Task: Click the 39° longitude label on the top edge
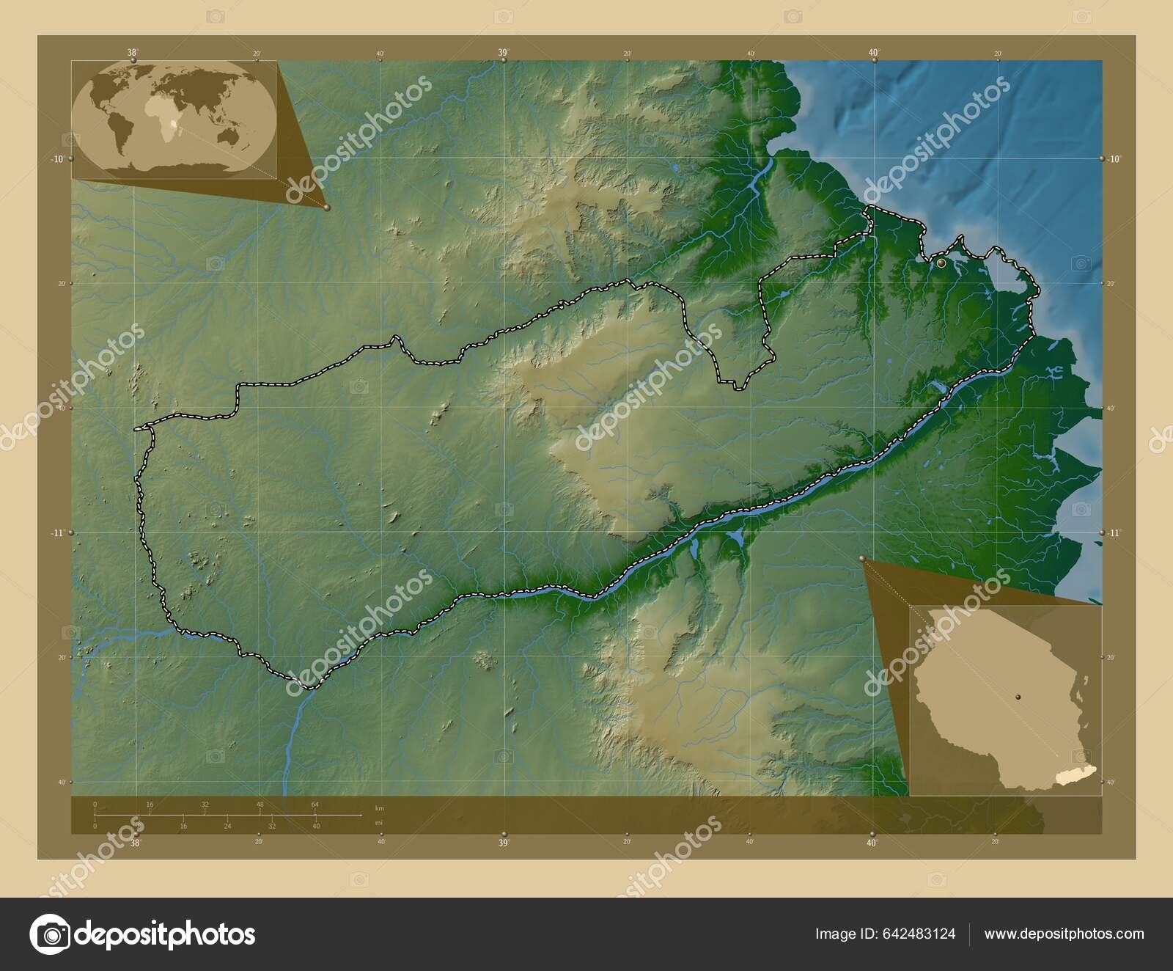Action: click(504, 52)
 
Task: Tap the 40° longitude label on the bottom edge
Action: click(872, 843)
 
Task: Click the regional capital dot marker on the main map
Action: click(941, 262)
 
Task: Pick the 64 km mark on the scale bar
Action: click(315, 805)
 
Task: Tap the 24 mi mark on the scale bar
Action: click(227, 826)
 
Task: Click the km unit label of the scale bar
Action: click(379, 807)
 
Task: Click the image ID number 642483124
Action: click(922, 934)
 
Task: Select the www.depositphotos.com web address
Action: click(1064, 934)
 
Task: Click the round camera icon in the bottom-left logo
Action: click(50, 934)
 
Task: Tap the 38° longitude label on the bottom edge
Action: click(135, 843)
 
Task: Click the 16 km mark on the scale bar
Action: click(150, 805)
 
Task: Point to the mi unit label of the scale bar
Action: click(378, 822)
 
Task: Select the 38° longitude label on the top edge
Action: click(133, 52)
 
